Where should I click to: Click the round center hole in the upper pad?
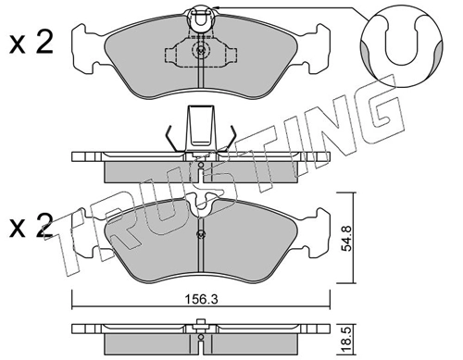click(x=197, y=52)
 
